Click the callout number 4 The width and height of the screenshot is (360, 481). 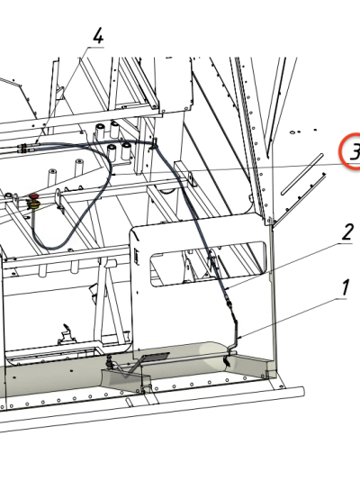(98, 37)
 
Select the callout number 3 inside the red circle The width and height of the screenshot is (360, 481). (355, 151)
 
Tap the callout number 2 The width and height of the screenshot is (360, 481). (347, 231)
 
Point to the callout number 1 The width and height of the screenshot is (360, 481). (346, 287)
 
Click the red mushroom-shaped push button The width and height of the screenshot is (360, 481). (33, 196)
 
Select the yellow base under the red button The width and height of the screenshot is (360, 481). (33, 204)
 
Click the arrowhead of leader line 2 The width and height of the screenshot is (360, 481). (226, 288)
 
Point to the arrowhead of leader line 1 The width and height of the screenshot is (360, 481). (239, 338)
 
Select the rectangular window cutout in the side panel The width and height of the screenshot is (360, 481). (208, 264)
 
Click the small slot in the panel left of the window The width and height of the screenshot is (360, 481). (136, 257)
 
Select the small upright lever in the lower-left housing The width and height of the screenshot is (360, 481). (67, 329)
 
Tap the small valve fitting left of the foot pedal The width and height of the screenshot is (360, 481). (110, 363)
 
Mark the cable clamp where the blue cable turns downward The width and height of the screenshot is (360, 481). (154, 143)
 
